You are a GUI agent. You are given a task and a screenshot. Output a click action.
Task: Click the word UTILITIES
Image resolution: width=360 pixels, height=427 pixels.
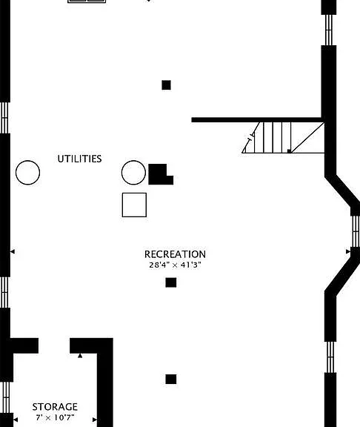(x=79, y=159)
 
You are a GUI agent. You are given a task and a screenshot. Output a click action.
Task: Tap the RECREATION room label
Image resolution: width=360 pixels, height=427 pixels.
(x=175, y=254)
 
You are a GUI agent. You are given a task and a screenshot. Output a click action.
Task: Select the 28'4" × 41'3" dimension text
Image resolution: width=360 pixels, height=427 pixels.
(x=175, y=265)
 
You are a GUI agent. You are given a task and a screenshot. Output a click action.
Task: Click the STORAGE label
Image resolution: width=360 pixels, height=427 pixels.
(x=55, y=407)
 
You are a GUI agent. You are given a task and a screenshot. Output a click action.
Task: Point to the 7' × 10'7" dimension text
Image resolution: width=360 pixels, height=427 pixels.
(x=55, y=417)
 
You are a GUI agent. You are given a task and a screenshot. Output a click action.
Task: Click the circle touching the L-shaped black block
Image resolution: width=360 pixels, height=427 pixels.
(x=133, y=173)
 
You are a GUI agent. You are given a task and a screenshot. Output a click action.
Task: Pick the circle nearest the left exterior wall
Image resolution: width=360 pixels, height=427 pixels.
(x=27, y=173)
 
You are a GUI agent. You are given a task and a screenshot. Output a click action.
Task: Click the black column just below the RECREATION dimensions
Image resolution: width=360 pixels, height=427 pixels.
(x=171, y=282)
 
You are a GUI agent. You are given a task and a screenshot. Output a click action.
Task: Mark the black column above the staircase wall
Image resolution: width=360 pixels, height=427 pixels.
(x=166, y=85)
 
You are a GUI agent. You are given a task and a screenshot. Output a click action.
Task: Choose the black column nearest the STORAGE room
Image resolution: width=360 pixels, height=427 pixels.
(x=171, y=379)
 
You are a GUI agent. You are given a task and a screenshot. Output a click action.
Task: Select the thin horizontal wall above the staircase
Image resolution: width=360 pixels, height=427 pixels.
(x=257, y=120)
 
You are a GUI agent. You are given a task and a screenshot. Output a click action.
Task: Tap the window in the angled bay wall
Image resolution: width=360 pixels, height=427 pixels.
(x=356, y=231)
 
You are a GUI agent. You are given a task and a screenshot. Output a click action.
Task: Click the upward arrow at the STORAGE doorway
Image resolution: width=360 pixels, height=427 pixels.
(x=80, y=355)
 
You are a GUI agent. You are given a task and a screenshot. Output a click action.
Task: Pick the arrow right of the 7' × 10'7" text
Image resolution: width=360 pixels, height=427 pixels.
(x=95, y=420)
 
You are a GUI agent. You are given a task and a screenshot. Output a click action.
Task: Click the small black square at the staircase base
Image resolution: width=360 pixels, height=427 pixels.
(x=289, y=151)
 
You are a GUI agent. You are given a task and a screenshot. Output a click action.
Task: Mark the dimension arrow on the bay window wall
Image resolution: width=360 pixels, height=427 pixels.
(x=348, y=251)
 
